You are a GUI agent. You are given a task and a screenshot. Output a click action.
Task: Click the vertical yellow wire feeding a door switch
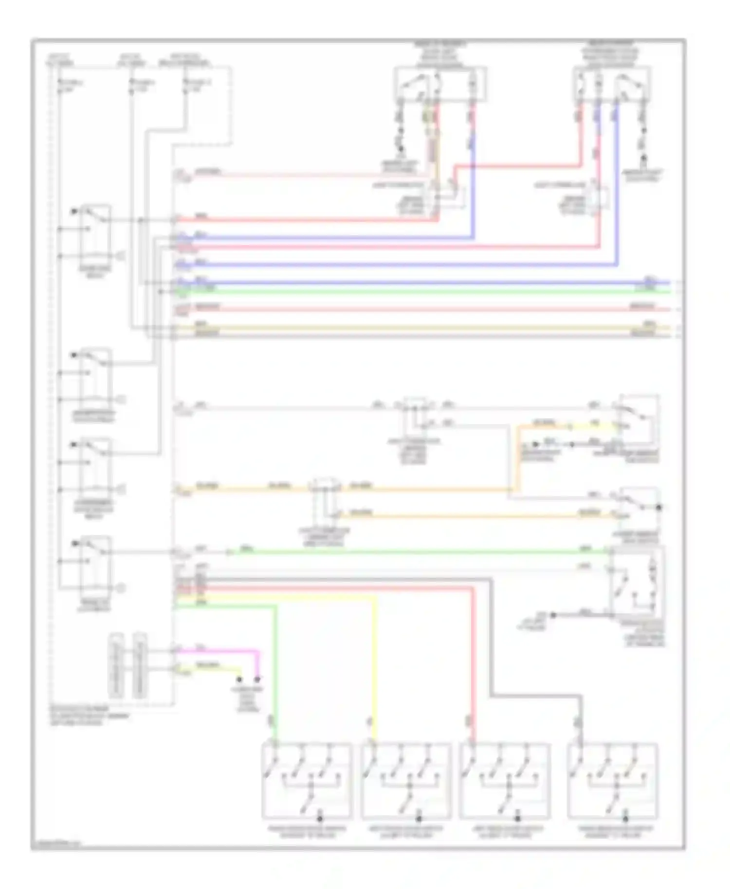click(375, 671)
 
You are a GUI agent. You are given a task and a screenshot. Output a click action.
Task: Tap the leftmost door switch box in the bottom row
click(307, 781)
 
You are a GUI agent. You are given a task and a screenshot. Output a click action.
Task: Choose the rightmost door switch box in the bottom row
click(613, 781)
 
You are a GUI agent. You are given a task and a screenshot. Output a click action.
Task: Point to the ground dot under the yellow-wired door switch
click(419, 819)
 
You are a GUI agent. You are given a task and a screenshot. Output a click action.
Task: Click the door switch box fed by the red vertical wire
click(505, 781)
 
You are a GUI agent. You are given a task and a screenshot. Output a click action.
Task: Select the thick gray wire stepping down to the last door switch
click(492, 642)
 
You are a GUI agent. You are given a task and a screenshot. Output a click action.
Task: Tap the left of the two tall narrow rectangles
click(116, 665)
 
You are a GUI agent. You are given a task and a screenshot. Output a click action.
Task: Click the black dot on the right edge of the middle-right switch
click(659, 507)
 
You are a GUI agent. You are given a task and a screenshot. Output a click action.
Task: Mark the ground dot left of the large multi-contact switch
click(553, 615)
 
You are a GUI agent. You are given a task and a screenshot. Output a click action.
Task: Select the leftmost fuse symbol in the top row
click(59, 86)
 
